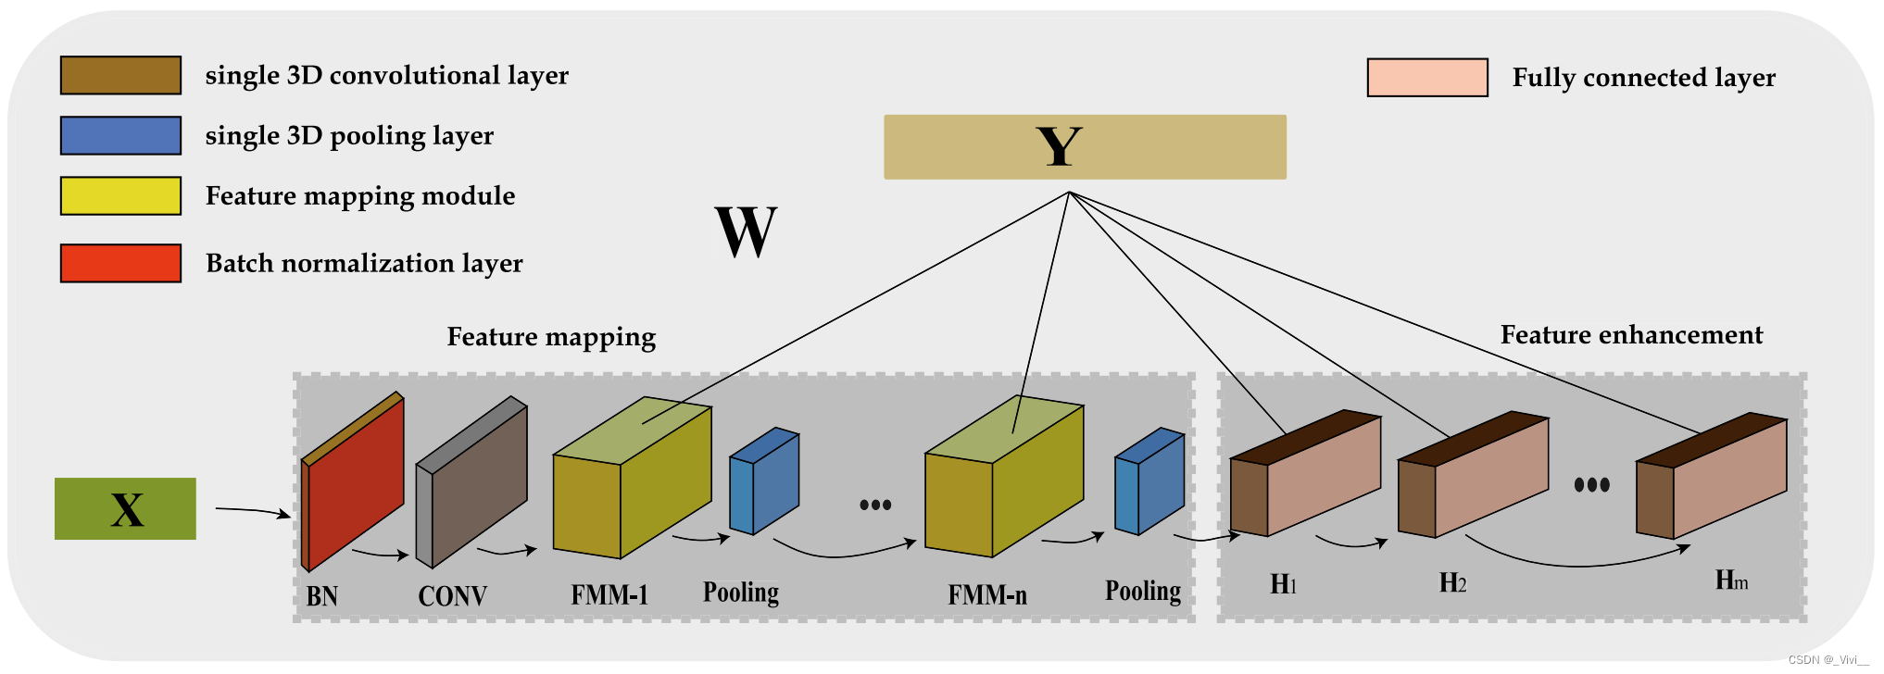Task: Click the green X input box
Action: tap(125, 508)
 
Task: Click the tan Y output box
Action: tap(1085, 147)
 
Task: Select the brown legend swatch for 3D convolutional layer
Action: tap(120, 75)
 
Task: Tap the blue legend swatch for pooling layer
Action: tap(120, 135)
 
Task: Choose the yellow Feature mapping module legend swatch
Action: tap(120, 195)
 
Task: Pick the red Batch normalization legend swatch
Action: tap(120, 263)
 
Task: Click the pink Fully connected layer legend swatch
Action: tap(1427, 78)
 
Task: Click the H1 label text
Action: tap(1283, 584)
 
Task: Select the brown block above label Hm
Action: tap(1712, 481)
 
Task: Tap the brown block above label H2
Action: tap(1473, 480)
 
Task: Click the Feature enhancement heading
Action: tap(1631, 335)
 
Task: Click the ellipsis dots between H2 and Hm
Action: tap(1591, 484)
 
